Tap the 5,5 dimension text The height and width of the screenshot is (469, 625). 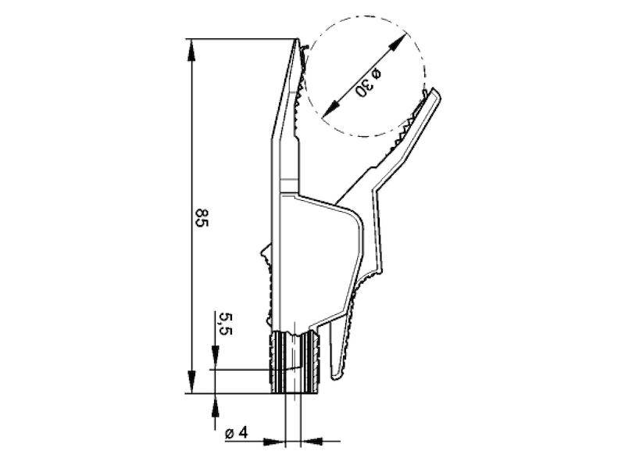pos(226,324)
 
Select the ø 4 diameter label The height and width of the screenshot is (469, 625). pos(237,433)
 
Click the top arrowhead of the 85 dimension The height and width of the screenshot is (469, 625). pos(191,50)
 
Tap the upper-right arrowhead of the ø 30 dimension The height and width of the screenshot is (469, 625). pos(398,41)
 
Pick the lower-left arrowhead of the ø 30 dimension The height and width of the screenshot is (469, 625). pos(330,109)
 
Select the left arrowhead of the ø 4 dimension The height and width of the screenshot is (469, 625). pos(275,441)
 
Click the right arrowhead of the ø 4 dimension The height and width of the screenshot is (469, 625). pos(311,441)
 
